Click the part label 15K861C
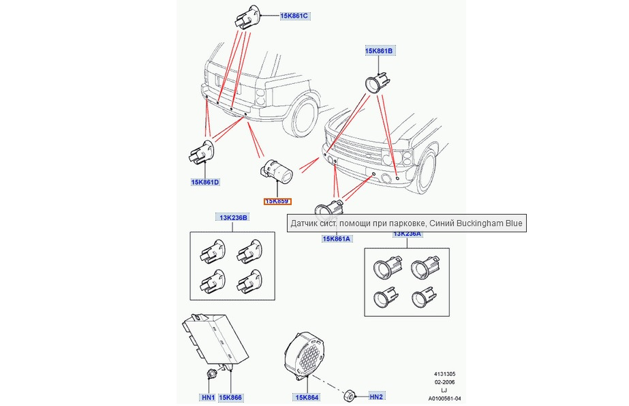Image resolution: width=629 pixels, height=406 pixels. (x=294, y=16)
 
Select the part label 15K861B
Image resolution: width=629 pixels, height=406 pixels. (x=379, y=51)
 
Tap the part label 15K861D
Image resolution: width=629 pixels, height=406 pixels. (x=205, y=182)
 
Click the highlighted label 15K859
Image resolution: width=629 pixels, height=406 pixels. (x=277, y=201)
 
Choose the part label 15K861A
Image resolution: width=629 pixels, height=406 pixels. (x=337, y=238)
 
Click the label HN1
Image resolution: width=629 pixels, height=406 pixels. (x=209, y=397)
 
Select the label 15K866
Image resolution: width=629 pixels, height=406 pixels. (x=230, y=397)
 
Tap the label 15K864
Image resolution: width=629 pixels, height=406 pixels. (x=307, y=397)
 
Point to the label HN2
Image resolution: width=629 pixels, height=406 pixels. (x=376, y=396)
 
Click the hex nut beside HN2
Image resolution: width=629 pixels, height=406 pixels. (x=349, y=396)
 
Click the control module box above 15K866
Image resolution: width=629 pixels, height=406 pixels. (x=215, y=341)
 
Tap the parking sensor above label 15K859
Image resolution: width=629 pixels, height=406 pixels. (x=277, y=170)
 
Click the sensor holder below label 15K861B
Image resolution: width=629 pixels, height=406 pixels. (x=376, y=82)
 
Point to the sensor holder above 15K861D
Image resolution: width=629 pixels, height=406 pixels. (x=202, y=152)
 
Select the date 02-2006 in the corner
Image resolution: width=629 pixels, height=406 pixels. (x=445, y=382)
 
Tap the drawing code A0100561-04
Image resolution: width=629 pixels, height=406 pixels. (x=444, y=399)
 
